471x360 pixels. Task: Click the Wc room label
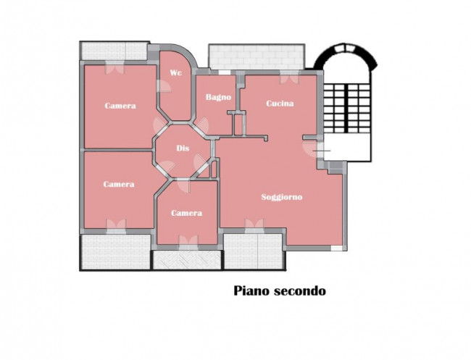(175, 73)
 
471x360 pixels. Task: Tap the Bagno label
(218, 97)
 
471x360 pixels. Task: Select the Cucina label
(280, 104)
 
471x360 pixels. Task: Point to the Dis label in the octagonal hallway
(183, 148)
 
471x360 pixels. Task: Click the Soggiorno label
(282, 197)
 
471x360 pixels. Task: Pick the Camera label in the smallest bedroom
(186, 213)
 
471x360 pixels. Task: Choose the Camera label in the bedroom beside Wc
(120, 106)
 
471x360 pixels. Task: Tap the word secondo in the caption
(301, 291)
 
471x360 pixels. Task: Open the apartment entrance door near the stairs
(314, 147)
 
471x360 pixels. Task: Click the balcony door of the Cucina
(289, 75)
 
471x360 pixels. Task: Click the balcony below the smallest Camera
(186, 259)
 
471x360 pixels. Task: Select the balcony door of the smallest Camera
(187, 241)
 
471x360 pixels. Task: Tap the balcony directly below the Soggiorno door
(253, 252)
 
